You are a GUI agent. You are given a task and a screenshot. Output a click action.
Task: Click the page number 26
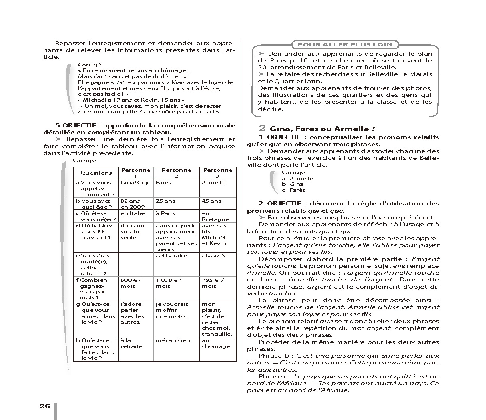[45, 406]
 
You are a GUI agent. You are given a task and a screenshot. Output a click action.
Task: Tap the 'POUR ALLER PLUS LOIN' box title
[345, 44]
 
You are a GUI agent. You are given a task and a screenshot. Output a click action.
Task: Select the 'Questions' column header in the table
[96, 173]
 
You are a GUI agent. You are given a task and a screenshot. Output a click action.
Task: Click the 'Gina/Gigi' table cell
[135, 183]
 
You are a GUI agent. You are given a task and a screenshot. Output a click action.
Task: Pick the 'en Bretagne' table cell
[215, 216]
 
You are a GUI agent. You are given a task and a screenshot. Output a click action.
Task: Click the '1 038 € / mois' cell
[169, 283]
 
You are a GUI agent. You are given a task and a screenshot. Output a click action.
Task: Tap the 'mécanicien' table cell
[173, 340]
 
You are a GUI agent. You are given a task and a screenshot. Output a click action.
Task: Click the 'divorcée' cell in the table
[215, 256]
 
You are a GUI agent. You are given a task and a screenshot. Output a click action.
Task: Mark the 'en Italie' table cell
[133, 213]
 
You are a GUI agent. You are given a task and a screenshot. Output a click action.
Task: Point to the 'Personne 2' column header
[176, 173]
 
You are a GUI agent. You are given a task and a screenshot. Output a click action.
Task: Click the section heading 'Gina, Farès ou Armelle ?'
[322, 129]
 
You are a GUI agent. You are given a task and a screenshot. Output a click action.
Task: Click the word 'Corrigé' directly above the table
[84, 161]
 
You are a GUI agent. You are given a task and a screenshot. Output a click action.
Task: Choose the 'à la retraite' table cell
[131, 343]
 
